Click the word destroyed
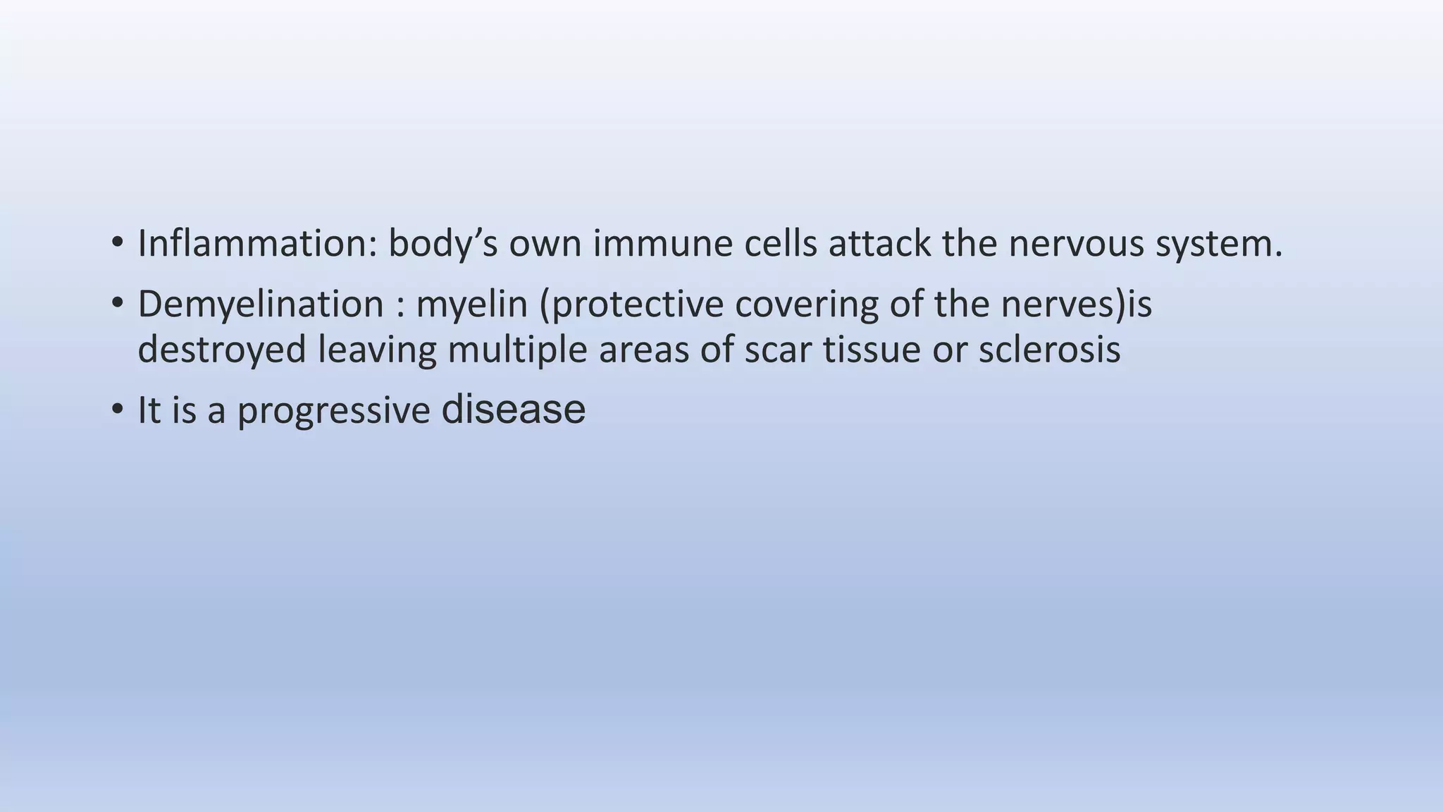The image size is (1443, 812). coord(222,350)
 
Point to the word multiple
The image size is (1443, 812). coord(517,350)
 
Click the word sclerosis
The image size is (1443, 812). coord(1049,350)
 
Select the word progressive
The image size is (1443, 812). coord(333,411)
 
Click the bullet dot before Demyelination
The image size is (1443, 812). coord(117,304)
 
